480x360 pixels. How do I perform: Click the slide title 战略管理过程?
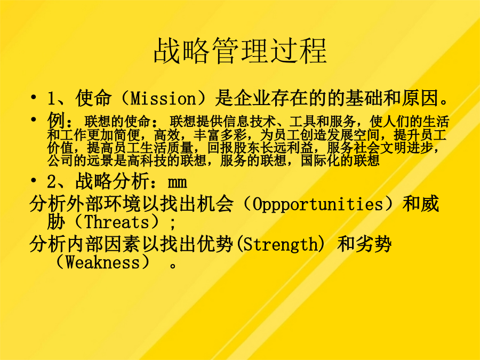[x=241, y=51]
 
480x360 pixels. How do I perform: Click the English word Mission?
[x=163, y=98]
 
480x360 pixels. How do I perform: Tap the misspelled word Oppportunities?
[x=317, y=204]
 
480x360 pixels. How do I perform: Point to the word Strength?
[x=281, y=245]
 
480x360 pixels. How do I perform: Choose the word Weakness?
[x=103, y=262]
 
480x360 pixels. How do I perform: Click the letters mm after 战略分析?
[x=178, y=183]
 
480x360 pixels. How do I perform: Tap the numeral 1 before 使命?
[x=51, y=99]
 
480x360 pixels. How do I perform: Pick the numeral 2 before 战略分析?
[x=51, y=182]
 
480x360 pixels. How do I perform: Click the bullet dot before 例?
[x=33, y=119]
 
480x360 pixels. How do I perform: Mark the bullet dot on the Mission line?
[x=33, y=98]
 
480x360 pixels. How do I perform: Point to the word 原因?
[x=420, y=98]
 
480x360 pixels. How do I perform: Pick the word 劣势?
[x=373, y=244]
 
